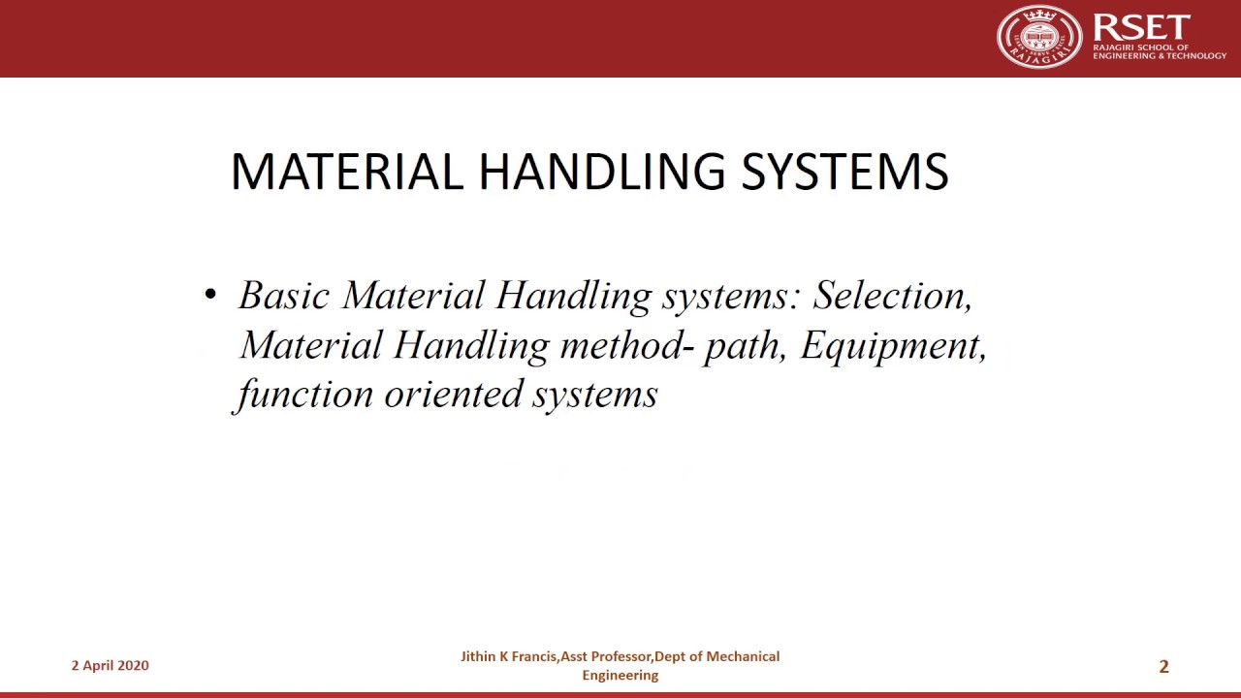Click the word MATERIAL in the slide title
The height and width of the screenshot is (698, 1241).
(x=347, y=172)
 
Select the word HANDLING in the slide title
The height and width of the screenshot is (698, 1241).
(x=601, y=172)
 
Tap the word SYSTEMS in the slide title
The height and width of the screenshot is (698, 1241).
(x=844, y=172)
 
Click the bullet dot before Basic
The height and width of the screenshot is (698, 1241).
(x=210, y=295)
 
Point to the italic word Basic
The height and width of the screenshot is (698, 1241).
(x=284, y=295)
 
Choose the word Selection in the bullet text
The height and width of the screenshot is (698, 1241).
(x=892, y=295)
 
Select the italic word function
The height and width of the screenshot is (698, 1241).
(x=304, y=394)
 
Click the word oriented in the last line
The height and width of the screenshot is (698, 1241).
(x=454, y=394)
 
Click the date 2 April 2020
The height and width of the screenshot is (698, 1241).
(x=110, y=665)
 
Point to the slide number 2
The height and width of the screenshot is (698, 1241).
(x=1163, y=666)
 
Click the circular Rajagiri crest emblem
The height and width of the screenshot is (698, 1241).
(x=1038, y=37)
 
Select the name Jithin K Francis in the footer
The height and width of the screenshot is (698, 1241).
(x=508, y=656)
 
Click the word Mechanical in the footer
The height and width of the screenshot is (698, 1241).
(x=743, y=656)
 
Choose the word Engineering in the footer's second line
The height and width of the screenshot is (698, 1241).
(x=620, y=675)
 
